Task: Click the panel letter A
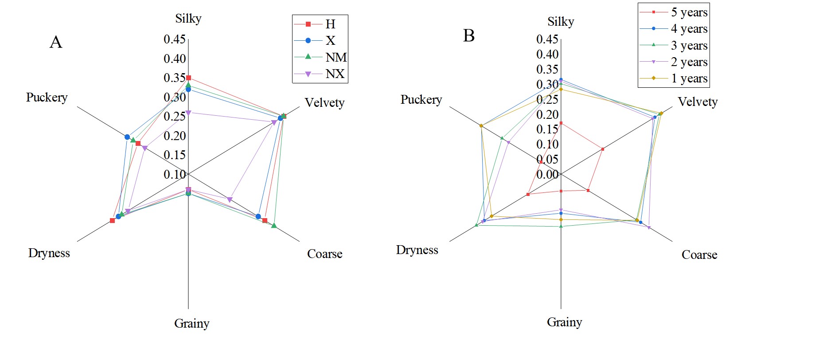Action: tap(56, 42)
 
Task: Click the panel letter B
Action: tap(469, 35)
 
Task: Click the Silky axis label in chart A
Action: tap(188, 19)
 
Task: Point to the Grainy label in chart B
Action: tap(564, 322)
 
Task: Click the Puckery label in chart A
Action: tap(47, 97)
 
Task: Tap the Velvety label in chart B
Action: tap(698, 102)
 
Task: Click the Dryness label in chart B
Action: tap(417, 250)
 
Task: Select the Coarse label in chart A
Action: tap(325, 254)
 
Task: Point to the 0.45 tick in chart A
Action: tap(175, 39)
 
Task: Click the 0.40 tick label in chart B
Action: tap(547, 55)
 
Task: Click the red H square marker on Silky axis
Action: tap(188, 78)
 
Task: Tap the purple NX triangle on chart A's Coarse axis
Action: tap(229, 200)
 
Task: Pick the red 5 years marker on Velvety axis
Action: tap(603, 149)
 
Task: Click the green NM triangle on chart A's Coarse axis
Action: tap(274, 226)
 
